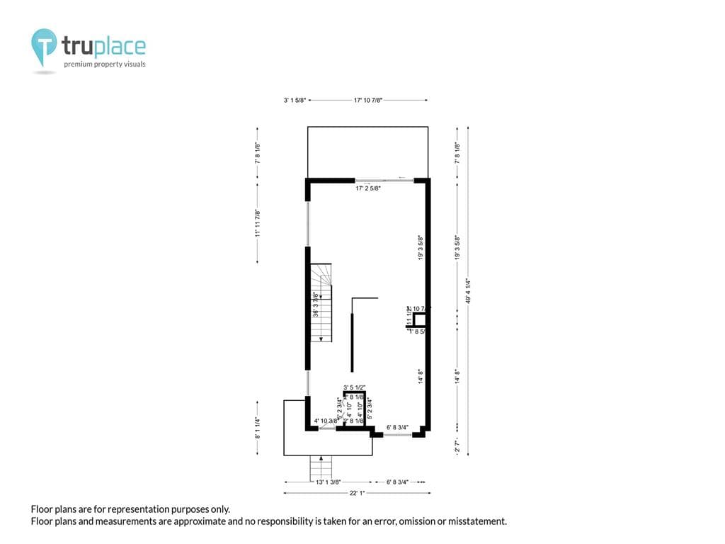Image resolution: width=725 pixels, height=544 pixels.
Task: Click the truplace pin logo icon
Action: click(44, 45)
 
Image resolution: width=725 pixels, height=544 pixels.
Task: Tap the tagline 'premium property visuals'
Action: click(105, 64)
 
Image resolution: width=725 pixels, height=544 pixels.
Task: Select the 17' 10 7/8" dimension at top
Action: click(368, 101)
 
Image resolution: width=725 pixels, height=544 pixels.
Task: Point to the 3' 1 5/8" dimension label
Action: click(295, 101)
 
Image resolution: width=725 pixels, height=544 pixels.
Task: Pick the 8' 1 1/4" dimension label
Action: click(257, 427)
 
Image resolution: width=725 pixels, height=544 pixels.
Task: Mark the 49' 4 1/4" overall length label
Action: click(468, 291)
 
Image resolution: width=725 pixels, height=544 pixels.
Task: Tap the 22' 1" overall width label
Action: click(357, 493)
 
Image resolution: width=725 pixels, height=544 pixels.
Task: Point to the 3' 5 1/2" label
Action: click(354, 387)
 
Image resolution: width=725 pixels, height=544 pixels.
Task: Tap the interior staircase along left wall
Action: click(321, 303)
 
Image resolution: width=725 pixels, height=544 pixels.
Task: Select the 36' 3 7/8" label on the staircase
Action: click(316, 304)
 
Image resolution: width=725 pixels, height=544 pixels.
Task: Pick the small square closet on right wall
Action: click(419, 320)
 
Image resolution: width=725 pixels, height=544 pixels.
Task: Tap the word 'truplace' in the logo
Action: click(103, 46)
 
